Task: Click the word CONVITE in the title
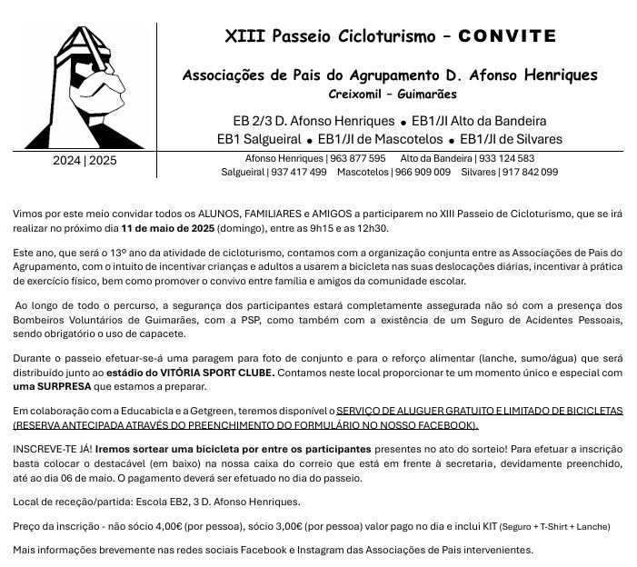507,36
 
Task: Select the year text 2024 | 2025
85,161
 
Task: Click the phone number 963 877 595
358,158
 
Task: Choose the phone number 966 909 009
423,172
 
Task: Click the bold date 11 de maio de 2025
167,228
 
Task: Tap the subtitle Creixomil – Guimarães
393,94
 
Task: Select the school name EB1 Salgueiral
258,139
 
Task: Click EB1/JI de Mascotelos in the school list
380,139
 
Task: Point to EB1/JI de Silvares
512,139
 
